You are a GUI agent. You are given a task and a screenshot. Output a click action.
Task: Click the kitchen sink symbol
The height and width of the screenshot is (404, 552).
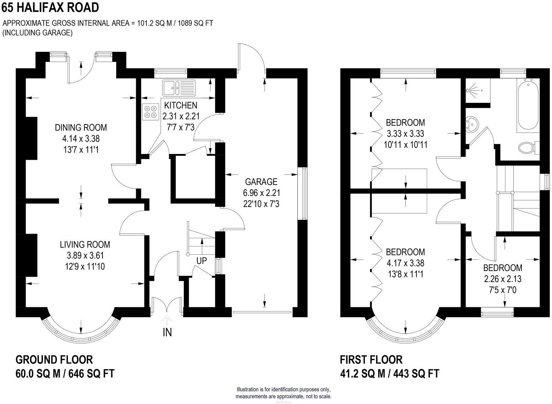[179, 87]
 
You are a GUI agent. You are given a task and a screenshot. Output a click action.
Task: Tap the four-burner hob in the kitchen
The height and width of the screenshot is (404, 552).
[150, 111]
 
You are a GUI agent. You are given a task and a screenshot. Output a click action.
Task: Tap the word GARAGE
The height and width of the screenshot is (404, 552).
[261, 182]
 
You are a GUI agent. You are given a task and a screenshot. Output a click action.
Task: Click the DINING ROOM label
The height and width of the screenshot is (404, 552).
[81, 127]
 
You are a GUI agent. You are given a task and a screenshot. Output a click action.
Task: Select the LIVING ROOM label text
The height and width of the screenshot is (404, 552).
[85, 244]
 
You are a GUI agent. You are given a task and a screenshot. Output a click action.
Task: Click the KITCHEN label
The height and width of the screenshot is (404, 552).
[180, 105]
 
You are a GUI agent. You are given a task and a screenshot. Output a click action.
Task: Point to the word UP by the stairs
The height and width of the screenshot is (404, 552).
[201, 261]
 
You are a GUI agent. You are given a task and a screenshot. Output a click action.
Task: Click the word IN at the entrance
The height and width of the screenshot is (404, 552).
[167, 332]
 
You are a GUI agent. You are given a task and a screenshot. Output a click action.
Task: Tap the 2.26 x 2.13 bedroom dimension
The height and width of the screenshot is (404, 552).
[503, 279]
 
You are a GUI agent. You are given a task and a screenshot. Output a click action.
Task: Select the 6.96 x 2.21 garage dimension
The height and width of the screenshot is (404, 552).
[261, 193]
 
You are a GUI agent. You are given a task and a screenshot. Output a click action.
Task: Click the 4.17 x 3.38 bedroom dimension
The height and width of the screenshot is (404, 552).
[405, 264]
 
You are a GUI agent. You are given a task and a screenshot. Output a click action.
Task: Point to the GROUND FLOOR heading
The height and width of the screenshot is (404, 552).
[54, 360]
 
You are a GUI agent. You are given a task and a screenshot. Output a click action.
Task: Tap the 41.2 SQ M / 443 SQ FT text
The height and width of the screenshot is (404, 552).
[389, 373]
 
